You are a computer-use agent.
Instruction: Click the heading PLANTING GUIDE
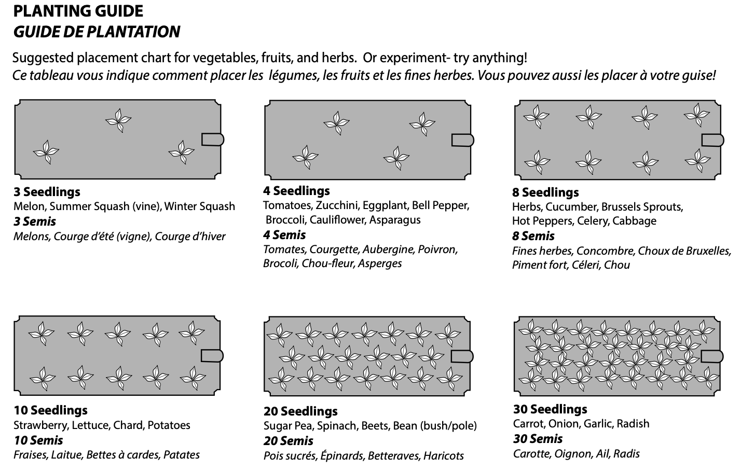[x=78, y=11]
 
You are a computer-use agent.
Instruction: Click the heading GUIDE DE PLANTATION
[x=97, y=32]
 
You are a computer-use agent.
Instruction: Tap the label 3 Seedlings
[x=47, y=192]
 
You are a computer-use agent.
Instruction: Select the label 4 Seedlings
[x=296, y=191]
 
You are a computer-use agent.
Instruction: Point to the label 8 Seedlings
[x=545, y=192]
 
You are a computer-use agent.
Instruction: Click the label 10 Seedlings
[x=51, y=410]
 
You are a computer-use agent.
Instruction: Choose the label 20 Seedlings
[x=300, y=411]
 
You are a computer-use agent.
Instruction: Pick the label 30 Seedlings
[x=550, y=409]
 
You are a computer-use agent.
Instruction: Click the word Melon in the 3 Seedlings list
[x=30, y=206]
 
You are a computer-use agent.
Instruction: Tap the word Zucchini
[x=337, y=205]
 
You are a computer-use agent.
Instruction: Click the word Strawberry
[x=41, y=425]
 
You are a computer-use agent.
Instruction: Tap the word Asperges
[x=380, y=264]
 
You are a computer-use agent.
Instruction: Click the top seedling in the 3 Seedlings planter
[x=118, y=120]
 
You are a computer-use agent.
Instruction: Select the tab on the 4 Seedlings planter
[x=462, y=140]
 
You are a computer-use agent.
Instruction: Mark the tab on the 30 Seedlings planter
[x=712, y=356]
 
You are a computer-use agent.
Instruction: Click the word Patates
[x=182, y=455]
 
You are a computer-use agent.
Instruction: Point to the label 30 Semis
[x=538, y=439]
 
